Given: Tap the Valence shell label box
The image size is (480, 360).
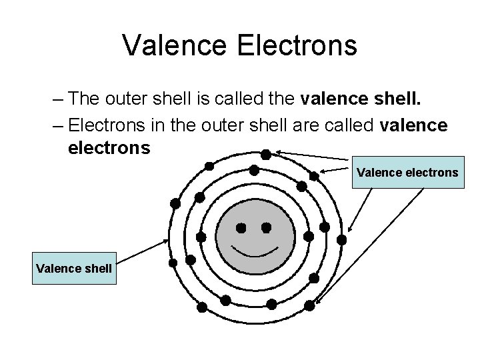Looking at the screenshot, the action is (74, 269).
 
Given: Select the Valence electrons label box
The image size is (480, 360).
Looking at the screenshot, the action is (407, 173).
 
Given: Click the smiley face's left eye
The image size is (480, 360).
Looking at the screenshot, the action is (241, 228).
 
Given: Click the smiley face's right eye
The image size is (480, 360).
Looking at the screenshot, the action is (266, 228).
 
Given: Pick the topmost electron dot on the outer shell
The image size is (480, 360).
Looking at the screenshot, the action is (265, 154).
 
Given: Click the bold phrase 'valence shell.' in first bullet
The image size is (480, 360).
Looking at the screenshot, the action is (361, 99).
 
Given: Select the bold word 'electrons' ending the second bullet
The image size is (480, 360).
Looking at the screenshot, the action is (109, 147).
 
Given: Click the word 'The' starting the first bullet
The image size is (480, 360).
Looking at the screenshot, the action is (84, 99).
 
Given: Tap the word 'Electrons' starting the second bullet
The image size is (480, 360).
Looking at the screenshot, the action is (108, 124).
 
